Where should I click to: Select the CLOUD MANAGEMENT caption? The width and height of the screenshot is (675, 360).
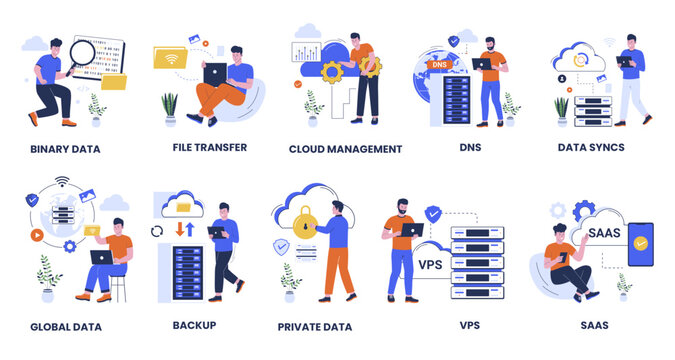point(345,149)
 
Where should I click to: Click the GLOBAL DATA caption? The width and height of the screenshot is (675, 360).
point(65,327)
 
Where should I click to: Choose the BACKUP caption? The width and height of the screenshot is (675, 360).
point(194,325)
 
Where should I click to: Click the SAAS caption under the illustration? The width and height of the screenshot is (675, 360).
point(595,326)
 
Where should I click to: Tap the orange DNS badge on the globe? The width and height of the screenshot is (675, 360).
point(439,65)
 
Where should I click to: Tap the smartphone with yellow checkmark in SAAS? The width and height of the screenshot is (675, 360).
point(640,244)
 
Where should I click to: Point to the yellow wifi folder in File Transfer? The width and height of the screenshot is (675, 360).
point(171,58)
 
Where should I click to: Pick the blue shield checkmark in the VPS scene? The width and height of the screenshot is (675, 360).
point(433,213)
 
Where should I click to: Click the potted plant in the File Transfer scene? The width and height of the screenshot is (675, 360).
point(169,105)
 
